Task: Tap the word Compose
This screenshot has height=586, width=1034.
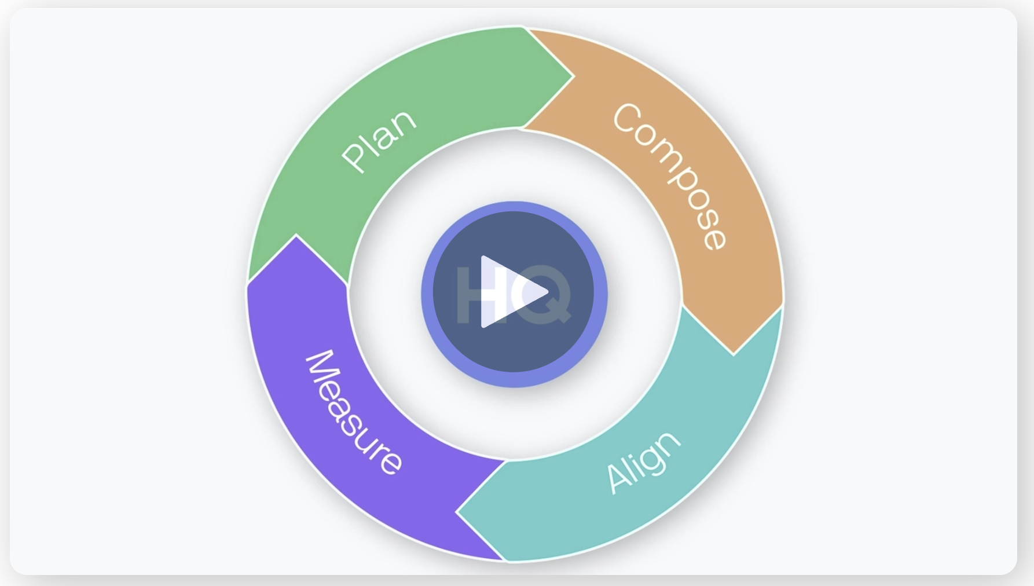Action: point(669,175)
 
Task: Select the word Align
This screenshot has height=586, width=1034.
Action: point(643,462)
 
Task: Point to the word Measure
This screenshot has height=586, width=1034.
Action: point(353,412)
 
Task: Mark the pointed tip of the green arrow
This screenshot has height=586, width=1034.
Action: point(573,76)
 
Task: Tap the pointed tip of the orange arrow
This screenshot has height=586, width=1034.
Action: point(734,354)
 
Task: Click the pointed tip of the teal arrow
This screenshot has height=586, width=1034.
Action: point(456,512)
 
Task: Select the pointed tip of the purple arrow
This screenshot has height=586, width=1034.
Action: point(296,235)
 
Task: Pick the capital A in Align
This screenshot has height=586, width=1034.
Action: point(618,481)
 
